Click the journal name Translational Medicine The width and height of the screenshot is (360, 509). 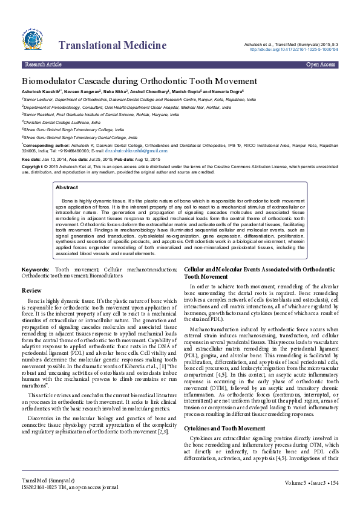pos(112,45)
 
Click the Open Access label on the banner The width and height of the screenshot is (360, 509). pos(321,63)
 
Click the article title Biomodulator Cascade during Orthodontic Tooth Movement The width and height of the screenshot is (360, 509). pos(139,81)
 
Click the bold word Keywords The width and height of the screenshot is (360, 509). pos(36,268)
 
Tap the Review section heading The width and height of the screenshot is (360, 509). pos(31,291)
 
